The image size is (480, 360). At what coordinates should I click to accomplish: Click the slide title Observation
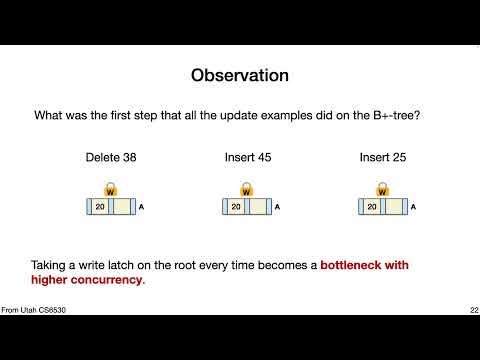(x=239, y=76)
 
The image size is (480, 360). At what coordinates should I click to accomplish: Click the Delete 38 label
(x=109, y=156)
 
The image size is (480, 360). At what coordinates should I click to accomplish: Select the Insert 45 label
(x=245, y=156)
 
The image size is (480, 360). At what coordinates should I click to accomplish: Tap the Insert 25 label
(x=381, y=156)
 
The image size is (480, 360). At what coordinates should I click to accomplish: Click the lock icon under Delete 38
(x=109, y=190)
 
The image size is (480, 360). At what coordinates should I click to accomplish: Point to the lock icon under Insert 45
(x=245, y=190)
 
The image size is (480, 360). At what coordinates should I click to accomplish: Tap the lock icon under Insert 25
(x=381, y=190)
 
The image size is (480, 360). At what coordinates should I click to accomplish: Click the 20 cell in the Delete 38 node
(x=99, y=207)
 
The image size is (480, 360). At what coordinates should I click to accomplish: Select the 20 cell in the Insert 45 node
(x=235, y=207)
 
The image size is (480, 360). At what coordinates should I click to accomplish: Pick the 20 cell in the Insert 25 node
(x=371, y=207)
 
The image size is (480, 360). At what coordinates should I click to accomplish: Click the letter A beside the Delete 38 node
(x=141, y=207)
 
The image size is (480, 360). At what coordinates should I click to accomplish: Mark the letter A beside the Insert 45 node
(x=277, y=207)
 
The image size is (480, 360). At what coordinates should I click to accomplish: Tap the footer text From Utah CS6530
(x=34, y=311)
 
